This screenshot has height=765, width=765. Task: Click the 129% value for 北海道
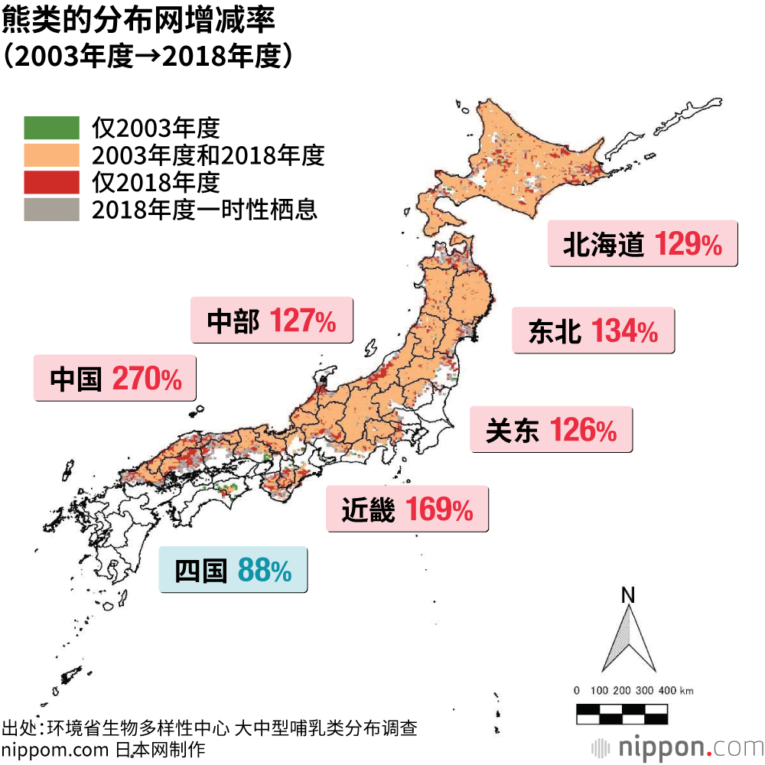tap(688, 244)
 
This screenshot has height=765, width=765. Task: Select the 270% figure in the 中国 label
tap(147, 378)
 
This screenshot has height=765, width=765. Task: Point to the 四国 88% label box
tap(233, 570)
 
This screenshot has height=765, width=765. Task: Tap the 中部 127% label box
tap(272, 321)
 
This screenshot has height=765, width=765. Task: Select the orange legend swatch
tap(51, 155)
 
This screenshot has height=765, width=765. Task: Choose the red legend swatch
tap(51, 182)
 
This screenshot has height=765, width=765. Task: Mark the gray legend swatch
tap(51, 209)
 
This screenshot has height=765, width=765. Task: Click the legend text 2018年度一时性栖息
tap(204, 209)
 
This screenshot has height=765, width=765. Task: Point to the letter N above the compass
tap(628, 594)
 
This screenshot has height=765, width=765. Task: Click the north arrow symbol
tap(628, 640)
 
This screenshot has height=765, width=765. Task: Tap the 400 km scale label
tap(673, 691)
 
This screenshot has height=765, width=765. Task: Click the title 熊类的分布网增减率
tap(138, 21)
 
